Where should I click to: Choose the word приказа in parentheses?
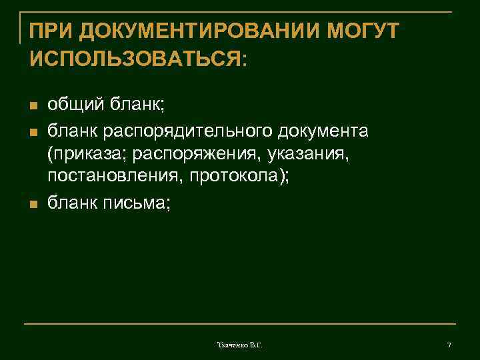[89, 155]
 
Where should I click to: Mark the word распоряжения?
[198, 155]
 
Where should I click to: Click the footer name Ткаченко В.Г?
[240, 345]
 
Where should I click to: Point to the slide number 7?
[449, 345]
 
